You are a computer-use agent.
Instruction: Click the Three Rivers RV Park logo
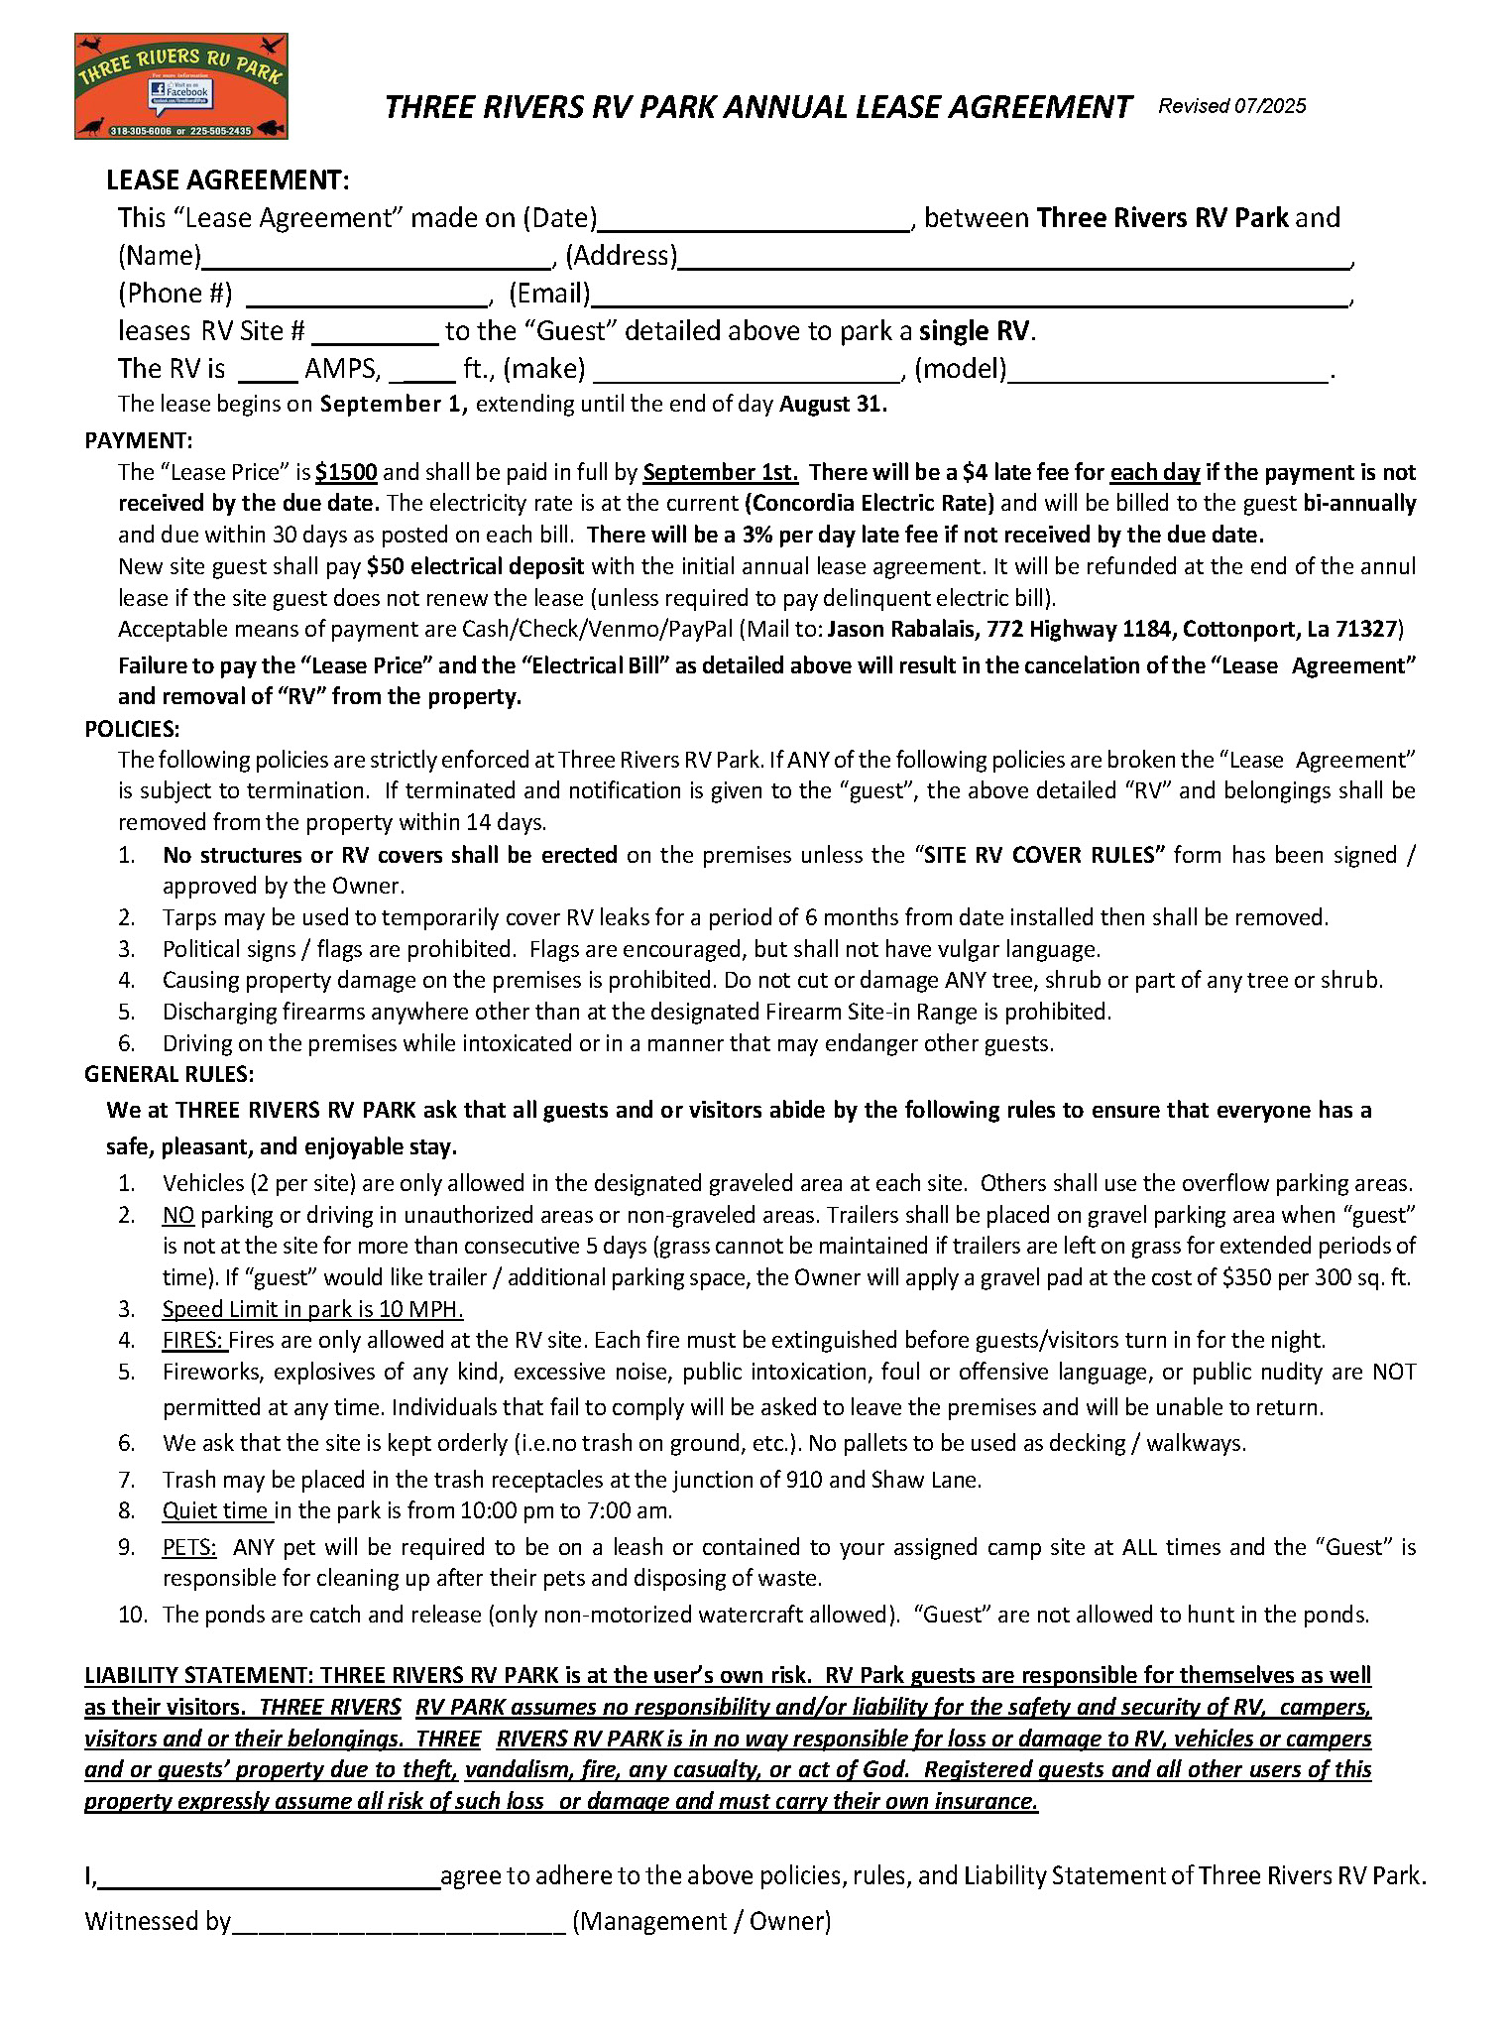[180, 86]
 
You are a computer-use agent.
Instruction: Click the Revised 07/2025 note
[1231, 106]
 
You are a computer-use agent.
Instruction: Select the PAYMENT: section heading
[139, 440]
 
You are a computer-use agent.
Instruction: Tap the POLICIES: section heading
[132, 729]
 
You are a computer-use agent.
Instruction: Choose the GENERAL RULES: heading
[169, 1074]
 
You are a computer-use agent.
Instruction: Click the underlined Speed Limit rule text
[312, 1309]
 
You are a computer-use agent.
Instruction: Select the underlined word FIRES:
[194, 1340]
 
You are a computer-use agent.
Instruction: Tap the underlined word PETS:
[189, 1547]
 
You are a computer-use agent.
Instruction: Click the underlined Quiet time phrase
[216, 1510]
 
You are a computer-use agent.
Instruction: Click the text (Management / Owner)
[701, 1921]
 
